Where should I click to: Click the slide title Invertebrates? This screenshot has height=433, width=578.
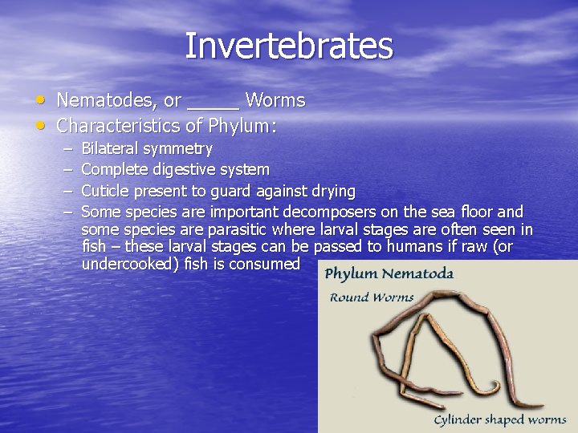click(x=289, y=46)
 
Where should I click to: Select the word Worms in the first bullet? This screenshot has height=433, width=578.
click(x=275, y=101)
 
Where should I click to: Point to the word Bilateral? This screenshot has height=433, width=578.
click(x=111, y=149)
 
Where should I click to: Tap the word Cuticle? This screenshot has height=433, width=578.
click(x=106, y=191)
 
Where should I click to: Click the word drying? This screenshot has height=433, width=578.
click(x=333, y=191)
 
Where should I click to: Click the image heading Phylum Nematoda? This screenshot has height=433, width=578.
click(x=389, y=274)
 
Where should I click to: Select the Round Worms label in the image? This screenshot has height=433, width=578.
click(x=372, y=297)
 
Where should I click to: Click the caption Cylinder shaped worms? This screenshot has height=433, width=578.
click(x=499, y=419)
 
